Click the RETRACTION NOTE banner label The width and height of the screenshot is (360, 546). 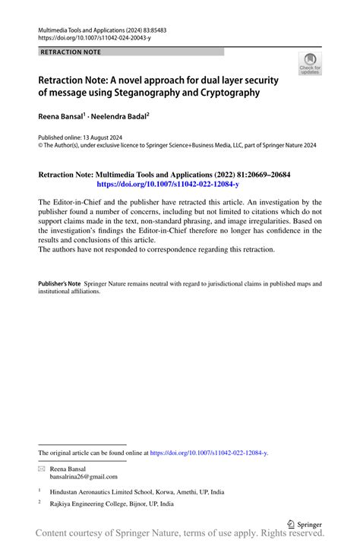click(x=69, y=52)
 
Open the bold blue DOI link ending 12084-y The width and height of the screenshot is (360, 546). click(x=168, y=185)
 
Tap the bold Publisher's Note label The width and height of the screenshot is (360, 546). click(x=59, y=283)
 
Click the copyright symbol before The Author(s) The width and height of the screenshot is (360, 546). click(x=40, y=145)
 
